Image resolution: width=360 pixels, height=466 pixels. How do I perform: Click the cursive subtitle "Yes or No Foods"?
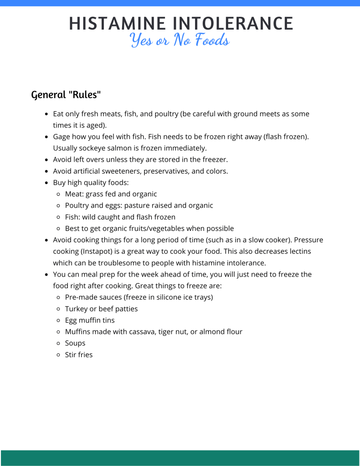[180, 41]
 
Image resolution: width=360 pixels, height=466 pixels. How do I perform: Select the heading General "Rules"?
[66, 95]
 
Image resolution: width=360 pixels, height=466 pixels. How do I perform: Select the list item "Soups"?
[75, 343]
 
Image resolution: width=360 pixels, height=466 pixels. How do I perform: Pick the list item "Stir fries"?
[79, 354]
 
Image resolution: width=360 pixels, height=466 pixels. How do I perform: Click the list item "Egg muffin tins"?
[90, 320]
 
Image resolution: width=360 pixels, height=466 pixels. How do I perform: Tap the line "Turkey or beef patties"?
[101, 309]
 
